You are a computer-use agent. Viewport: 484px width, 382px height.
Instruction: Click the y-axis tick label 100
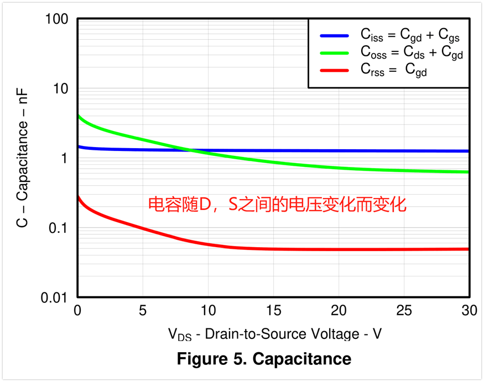pyautogui.click(x=56, y=19)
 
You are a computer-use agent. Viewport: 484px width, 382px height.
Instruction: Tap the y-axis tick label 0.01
pyautogui.click(x=54, y=298)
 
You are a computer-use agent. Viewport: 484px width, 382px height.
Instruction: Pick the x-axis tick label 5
pyautogui.click(x=143, y=311)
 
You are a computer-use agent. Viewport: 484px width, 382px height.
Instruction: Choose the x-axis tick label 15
pyautogui.click(x=273, y=311)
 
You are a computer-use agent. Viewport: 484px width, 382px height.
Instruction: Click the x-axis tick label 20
pyautogui.click(x=339, y=311)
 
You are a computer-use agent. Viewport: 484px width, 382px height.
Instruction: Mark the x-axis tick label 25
pyautogui.click(x=404, y=311)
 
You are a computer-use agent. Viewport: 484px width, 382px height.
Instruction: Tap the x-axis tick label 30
pyautogui.click(x=469, y=311)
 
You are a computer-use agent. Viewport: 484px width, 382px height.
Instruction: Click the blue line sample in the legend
pyautogui.click(x=334, y=36)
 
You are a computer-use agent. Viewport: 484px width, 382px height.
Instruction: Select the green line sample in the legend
pyautogui.click(x=334, y=53)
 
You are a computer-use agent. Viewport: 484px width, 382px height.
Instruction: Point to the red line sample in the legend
pyautogui.click(x=334, y=71)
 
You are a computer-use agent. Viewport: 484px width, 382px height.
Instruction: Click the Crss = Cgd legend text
pyautogui.click(x=394, y=71)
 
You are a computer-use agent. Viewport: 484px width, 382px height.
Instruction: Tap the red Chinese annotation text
pyautogui.click(x=277, y=205)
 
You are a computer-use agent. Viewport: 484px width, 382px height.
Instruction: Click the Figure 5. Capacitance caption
pyautogui.click(x=264, y=359)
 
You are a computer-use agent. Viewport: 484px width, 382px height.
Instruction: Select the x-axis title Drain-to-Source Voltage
pyautogui.click(x=275, y=334)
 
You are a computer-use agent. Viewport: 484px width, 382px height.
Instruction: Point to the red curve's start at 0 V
pyautogui.click(x=79, y=196)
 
